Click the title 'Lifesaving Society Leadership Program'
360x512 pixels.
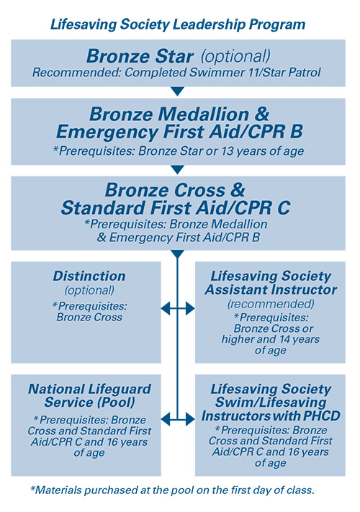[178, 24]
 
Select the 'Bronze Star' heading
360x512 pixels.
[140, 56]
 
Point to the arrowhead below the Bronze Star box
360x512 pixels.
[178, 91]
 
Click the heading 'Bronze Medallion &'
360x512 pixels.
[179, 114]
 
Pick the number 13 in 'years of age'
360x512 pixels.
[227, 151]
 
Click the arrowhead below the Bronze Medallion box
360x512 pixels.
[178, 169]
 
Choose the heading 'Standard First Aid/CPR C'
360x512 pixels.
[176, 207]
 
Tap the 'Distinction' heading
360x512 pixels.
[89, 277]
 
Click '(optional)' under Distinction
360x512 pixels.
[89, 290]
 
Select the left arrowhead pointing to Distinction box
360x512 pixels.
[166, 308]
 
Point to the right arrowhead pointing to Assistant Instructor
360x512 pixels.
[190, 308]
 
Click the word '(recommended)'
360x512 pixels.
[271, 304]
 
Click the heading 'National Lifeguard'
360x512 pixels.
[89, 390]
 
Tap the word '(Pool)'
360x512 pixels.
[115, 403]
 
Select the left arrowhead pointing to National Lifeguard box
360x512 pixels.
[166, 419]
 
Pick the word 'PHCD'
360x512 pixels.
[322, 416]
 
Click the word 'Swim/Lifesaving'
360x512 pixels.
[271, 403]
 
